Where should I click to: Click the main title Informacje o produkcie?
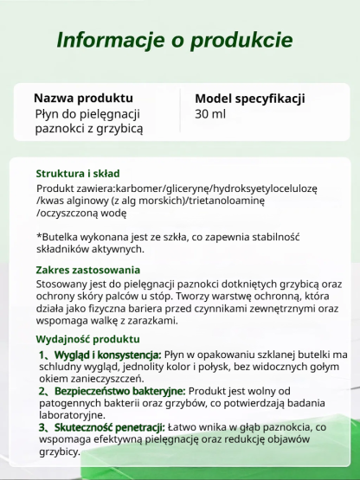174,41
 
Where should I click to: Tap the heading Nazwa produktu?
83,98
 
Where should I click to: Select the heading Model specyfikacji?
249,98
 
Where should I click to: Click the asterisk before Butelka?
40,236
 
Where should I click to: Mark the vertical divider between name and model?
180,112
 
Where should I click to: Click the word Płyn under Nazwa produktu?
47,113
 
